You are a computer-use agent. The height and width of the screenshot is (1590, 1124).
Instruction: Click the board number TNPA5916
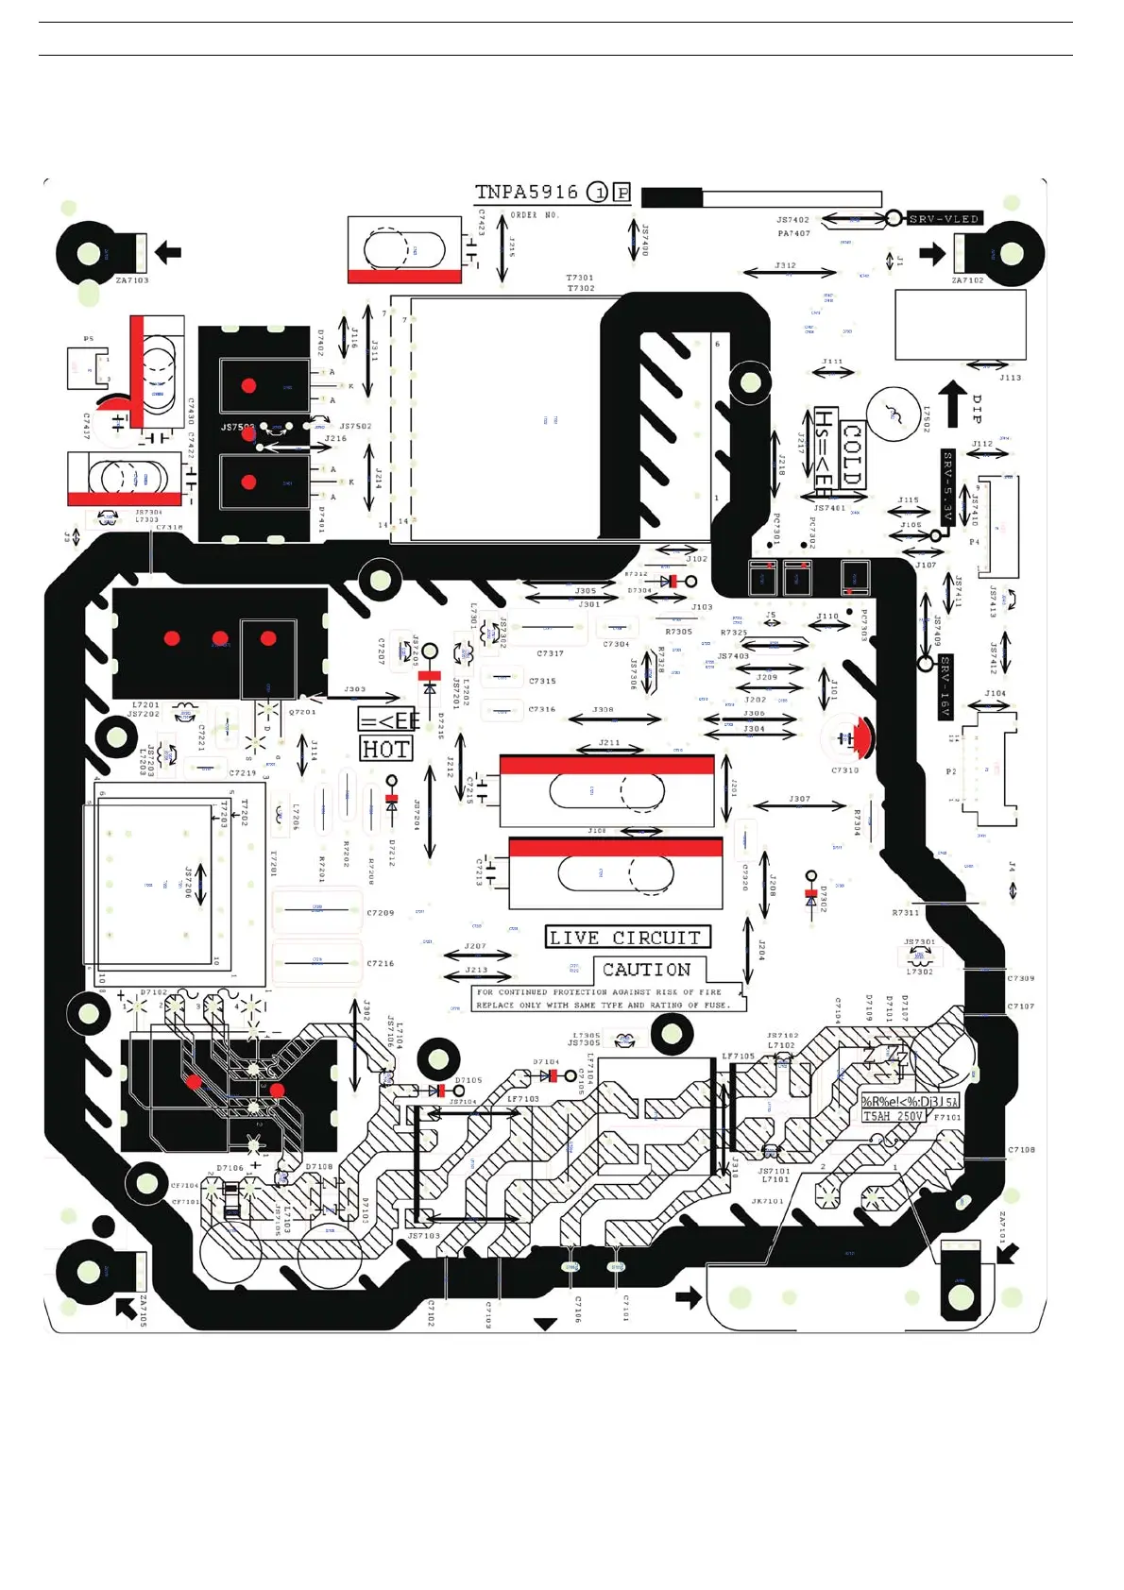[526, 193]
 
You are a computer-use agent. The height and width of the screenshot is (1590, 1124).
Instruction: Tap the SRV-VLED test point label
[944, 219]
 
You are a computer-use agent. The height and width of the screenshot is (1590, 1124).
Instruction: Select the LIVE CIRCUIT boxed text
[627, 938]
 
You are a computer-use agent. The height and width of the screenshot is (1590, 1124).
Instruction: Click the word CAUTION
[647, 970]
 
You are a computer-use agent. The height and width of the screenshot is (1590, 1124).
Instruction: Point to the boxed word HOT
[386, 750]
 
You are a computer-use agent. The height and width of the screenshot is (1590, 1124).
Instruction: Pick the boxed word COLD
[851, 454]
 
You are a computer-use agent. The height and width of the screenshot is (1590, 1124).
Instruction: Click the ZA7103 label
[132, 280]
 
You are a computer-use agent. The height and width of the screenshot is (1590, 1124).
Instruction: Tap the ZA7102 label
[967, 280]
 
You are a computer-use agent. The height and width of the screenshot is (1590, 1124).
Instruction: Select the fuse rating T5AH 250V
[892, 1116]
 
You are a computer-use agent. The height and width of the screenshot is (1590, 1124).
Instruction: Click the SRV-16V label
[945, 685]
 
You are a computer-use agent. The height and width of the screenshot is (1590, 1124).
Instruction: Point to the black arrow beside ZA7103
[168, 252]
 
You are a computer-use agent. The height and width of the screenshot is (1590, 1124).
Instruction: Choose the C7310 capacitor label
[845, 770]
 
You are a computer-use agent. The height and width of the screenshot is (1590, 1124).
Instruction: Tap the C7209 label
[381, 913]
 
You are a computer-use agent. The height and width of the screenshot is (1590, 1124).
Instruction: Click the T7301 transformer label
[580, 278]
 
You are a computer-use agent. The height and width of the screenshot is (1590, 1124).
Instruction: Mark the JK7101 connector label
[768, 1201]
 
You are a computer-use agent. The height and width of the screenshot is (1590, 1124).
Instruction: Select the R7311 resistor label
[905, 913]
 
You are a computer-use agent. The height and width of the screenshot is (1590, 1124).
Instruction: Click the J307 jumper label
[799, 799]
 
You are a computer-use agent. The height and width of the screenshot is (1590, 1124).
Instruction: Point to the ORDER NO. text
[535, 215]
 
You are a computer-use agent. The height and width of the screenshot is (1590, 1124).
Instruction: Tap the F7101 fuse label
[946, 1117]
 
